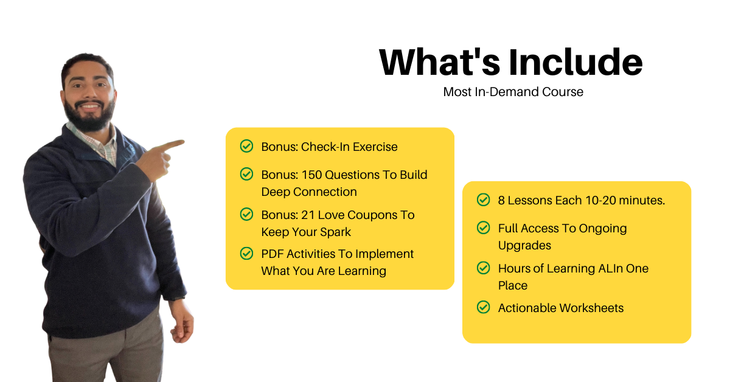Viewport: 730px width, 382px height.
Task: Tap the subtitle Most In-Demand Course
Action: click(513, 92)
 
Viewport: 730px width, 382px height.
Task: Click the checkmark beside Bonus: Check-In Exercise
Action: click(247, 146)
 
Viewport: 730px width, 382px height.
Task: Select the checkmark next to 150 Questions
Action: click(247, 174)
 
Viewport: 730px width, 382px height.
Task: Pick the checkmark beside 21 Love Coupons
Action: click(247, 214)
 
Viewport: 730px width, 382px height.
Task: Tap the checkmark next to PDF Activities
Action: click(247, 253)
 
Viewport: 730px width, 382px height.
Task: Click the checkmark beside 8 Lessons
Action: click(483, 200)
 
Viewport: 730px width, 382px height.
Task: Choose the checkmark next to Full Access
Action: click(483, 227)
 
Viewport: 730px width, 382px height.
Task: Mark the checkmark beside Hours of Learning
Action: click(483, 268)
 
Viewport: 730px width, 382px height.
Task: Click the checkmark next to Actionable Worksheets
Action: click(483, 307)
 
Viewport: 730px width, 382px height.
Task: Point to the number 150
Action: click(312, 175)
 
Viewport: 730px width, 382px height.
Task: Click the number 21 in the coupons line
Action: click(308, 215)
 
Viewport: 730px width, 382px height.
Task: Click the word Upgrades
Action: click(524, 246)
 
